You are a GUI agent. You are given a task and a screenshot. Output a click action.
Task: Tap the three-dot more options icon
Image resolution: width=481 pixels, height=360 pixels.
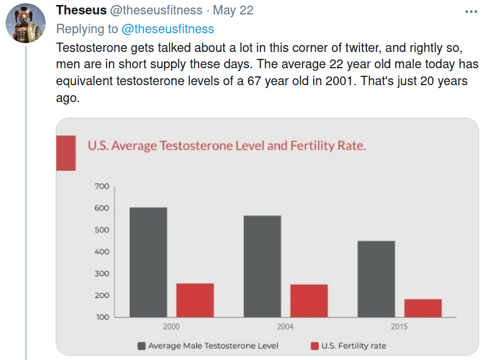pyautogui.click(x=470, y=11)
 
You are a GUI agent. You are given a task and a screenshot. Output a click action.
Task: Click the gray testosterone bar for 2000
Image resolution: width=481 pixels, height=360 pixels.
pyautogui.click(x=148, y=262)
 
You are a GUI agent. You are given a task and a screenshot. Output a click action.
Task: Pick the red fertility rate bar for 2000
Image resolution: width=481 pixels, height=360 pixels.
pyautogui.click(x=195, y=300)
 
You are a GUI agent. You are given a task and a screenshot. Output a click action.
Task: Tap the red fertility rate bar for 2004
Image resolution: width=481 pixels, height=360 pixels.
pyautogui.click(x=309, y=301)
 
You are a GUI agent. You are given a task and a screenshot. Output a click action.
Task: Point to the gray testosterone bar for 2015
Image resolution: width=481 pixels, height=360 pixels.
pyautogui.click(x=376, y=279)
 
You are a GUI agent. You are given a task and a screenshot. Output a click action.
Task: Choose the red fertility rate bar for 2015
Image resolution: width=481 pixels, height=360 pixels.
pyautogui.click(x=423, y=308)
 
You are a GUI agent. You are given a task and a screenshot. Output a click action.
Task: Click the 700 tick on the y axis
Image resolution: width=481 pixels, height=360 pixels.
pyautogui.click(x=101, y=187)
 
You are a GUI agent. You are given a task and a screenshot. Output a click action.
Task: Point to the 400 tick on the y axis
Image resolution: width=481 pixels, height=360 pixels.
pyautogui.click(x=101, y=252)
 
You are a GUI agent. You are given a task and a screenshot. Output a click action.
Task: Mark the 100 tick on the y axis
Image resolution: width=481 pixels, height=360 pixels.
pyautogui.click(x=101, y=317)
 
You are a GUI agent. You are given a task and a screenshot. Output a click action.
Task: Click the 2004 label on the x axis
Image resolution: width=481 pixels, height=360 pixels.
pyautogui.click(x=286, y=327)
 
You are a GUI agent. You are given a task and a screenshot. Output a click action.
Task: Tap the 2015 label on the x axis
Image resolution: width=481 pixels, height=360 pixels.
pyautogui.click(x=399, y=327)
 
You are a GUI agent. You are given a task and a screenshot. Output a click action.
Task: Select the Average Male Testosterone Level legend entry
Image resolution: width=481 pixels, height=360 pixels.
pyautogui.click(x=208, y=346)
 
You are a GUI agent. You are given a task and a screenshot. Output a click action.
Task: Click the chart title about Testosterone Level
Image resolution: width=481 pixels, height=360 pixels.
pyautogui.click(x=227, y=146)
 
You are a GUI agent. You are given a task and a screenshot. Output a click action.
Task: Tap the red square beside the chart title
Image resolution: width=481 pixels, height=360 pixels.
pyautogui.click(x=66, y=153)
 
